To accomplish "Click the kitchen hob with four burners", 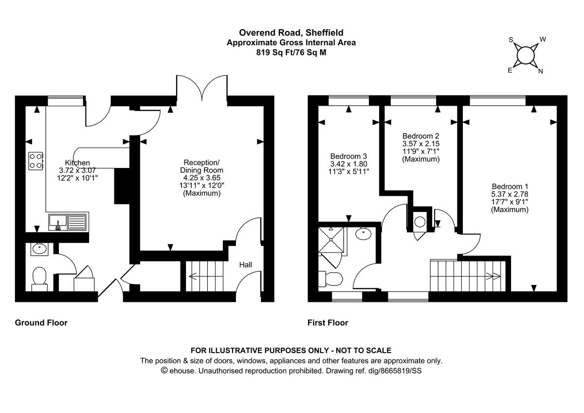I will (x=36, y=161).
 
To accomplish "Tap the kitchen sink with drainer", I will (x=68, y=222).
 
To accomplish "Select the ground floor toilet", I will (x=38, y=278).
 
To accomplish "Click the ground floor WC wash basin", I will (x=38, y=249).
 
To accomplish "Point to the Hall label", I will (x=245, y=265).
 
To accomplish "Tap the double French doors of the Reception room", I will (x=202, y=90).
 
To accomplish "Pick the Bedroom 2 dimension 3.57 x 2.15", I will (x=421, y=144).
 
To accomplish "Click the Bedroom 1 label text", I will (x=510, y=187).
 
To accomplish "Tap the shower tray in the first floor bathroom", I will (x=333, y=241).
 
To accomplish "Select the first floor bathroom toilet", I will (x=332, y=279).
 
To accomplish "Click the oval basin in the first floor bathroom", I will (x=363, y=234).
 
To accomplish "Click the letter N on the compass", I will (x=540, y=71).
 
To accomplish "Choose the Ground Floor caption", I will (x=41, y=322).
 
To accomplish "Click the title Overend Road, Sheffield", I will (x=291, y=33).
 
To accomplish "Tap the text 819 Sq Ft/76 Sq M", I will (x=291, y=52).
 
